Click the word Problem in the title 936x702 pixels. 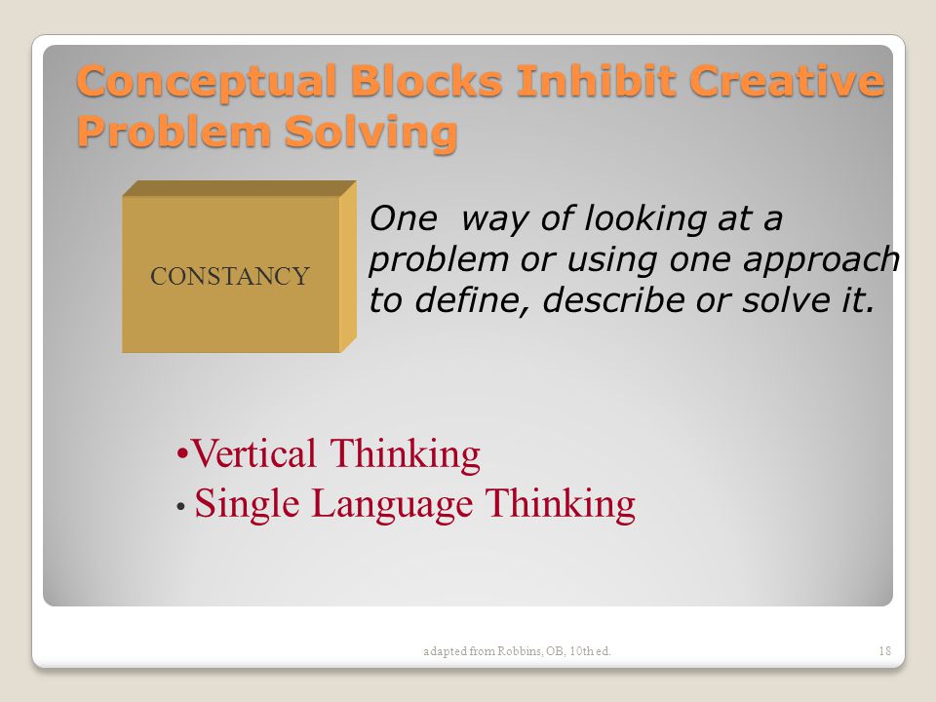tap(174, 131)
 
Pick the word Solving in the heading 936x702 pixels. tap(370, 133)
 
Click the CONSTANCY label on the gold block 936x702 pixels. tap(230, 276)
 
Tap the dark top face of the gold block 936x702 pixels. tap(239, 188)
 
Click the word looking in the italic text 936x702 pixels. tap(645, 219)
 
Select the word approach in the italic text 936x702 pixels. tap(821, 261)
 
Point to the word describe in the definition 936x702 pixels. tap(613, 299)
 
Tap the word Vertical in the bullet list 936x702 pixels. tap(253, 453)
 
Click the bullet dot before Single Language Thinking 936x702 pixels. tap(181, 507)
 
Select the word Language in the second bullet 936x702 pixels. tap(392, 505)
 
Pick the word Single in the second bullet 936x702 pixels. tap(247, 505)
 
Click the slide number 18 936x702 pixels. tap(884, 650)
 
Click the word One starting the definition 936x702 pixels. tap(404, 218)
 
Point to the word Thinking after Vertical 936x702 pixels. tap(405, 454)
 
